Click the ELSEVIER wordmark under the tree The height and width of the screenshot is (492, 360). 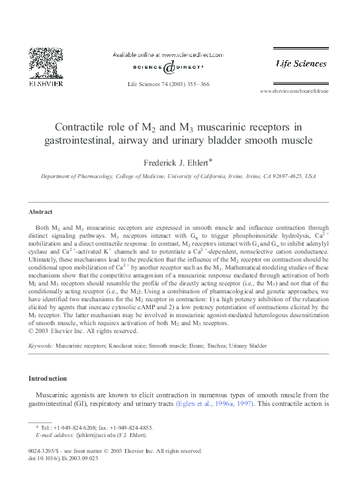[x=45, y=83]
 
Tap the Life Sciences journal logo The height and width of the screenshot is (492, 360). [x=301, y=64]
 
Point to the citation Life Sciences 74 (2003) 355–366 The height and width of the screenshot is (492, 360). [x=168, y=84]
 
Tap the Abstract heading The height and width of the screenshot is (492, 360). [x=40, y=212]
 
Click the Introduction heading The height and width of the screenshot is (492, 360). [x=47, y=378]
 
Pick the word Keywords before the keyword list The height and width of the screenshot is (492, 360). [x=40, y=346]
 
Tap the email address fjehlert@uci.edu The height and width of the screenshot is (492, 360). [x=103, y=434]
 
